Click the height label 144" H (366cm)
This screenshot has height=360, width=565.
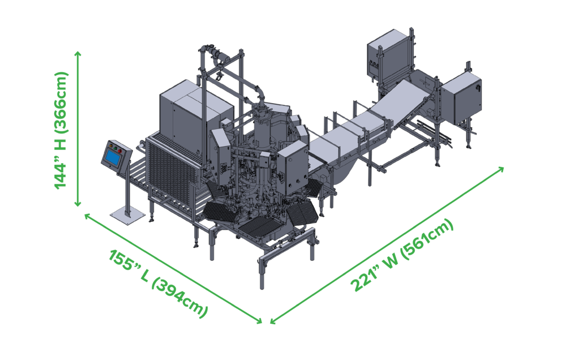pyautogui.click(x=61, y=130)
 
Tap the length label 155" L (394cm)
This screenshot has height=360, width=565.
pyautogui.click(x=158, y=283)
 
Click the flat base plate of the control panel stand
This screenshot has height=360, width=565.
pyautogui.click(x=127, y=216)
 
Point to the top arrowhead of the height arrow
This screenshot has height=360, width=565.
pyautogui.click(x=77, y=54)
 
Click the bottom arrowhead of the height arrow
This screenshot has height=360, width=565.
pyautogui.click(x=77, y=204)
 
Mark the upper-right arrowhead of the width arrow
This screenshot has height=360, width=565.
pyautogui.click(x=501, y=169)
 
